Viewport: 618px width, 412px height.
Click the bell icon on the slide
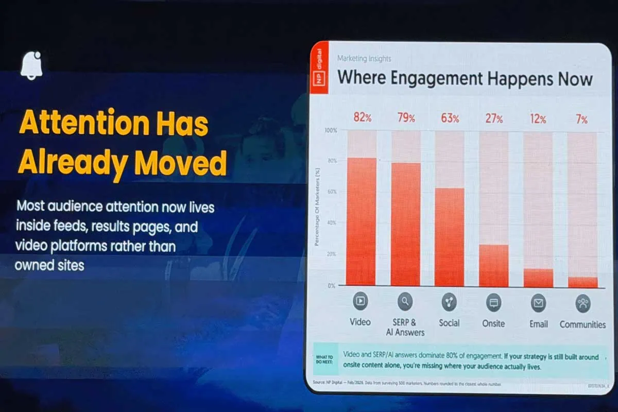pos(31,66)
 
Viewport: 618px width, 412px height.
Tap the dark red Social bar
pos(449,237)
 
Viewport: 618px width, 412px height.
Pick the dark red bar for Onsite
pos(493,265)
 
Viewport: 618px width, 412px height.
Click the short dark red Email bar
pos(538,278)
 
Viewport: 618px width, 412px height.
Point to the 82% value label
pos(362,117)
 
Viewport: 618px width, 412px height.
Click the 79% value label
pos(406,118)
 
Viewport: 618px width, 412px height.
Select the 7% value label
pos(581,119)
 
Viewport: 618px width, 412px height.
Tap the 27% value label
pos(493,119)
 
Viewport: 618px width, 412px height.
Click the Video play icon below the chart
pos(360,301)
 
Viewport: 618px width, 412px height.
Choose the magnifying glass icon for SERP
pos(405,302)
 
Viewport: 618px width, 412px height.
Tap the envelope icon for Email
pos(538,303)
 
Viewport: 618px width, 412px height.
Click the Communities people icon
pos(582,303)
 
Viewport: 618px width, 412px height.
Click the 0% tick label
pos(332,285)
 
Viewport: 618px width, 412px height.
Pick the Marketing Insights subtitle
pos(364,59)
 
